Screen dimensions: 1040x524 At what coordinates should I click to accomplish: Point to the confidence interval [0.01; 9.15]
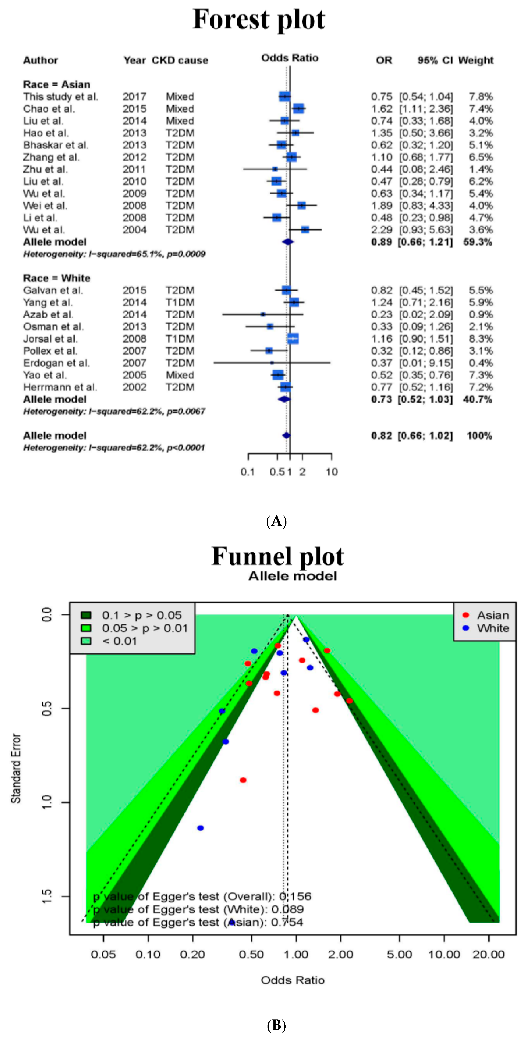click(426, 363)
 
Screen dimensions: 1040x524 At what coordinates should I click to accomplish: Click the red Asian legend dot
click(466, 615)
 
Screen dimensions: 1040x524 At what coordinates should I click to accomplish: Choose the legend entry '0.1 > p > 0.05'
click(141, 615)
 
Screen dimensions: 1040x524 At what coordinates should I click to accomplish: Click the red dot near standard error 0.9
click(243, 780)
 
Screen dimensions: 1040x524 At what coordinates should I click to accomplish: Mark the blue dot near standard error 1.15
click(200, 828)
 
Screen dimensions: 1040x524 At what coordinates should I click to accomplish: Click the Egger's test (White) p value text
click(198, 909)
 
